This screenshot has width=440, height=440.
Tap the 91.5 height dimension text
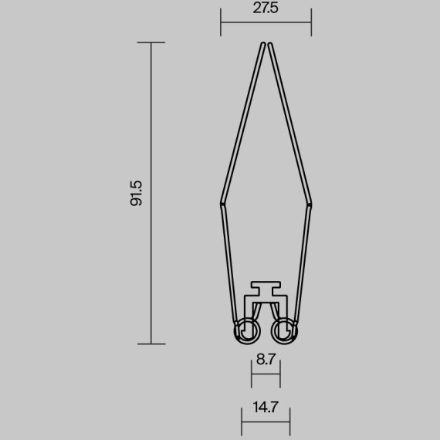(137, 193)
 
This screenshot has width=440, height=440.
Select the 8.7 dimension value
(266, 359)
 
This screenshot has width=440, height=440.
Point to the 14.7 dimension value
(266, 408)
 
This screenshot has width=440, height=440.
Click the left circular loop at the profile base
(247, 331)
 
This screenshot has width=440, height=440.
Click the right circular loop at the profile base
(284, 331)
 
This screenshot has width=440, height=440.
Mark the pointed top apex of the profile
(266, 44)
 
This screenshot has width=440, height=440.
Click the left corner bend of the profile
(222, 202)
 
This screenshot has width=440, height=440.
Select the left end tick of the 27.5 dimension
(221, 22)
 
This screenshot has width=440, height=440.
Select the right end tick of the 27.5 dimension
(311, 22)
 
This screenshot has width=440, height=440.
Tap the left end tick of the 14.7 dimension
(242, 423)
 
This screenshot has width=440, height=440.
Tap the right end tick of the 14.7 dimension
(290, 423)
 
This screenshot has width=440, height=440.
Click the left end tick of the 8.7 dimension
(252, 376)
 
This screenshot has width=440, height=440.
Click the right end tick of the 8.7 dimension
(280, 376)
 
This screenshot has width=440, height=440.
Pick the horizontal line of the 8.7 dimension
(266, 376)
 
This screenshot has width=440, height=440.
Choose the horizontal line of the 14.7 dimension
(266, 423)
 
